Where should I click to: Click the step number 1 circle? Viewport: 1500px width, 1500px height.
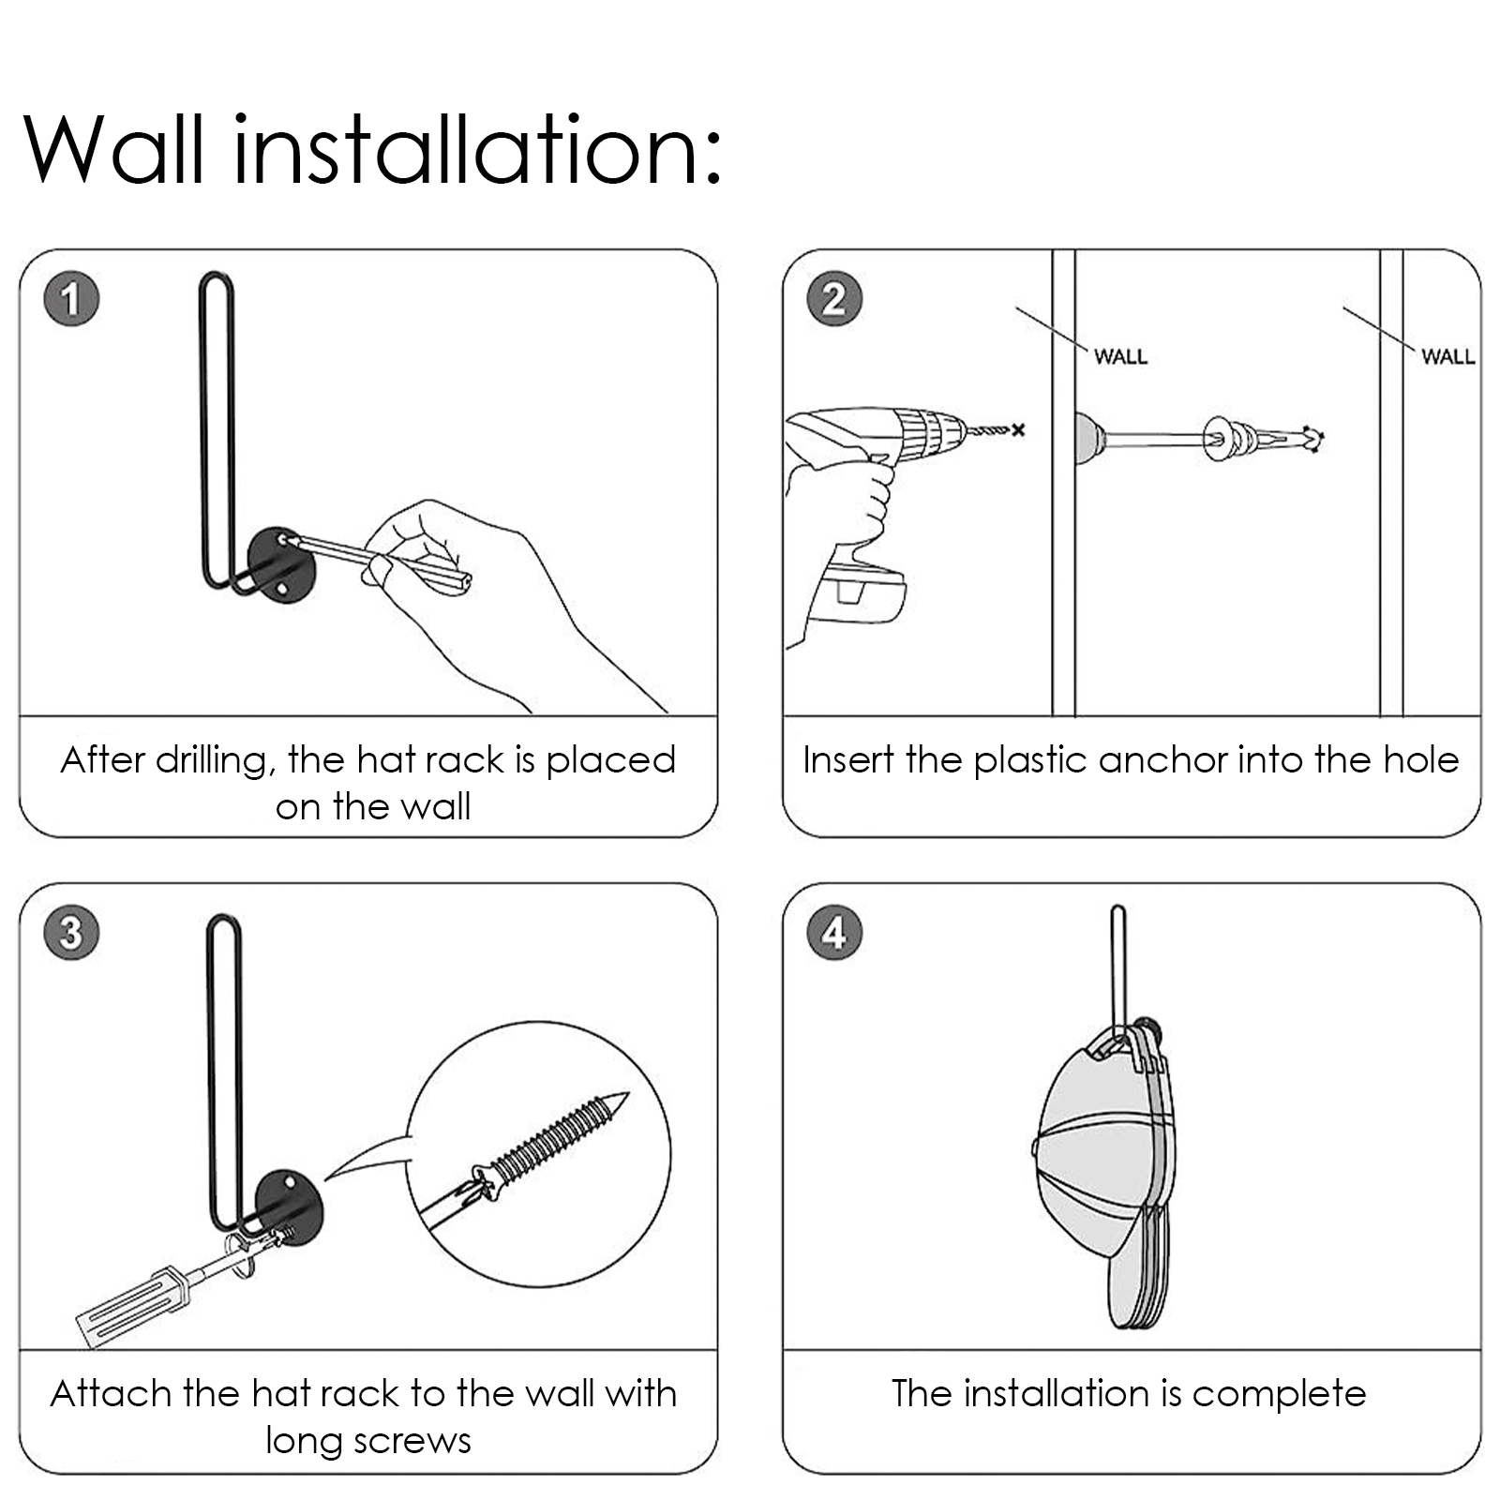pos(71,299)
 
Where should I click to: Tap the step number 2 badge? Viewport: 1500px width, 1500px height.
pos(833,299)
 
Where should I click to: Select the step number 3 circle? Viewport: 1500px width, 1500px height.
pos(71,933)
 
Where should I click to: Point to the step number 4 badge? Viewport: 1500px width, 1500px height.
pos(833,933)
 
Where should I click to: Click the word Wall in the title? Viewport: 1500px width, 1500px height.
pos(113,150)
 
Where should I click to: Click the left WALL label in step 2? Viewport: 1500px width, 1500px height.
pos(1120,356)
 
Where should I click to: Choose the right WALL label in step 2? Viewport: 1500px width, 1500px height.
pos(1447,356)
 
